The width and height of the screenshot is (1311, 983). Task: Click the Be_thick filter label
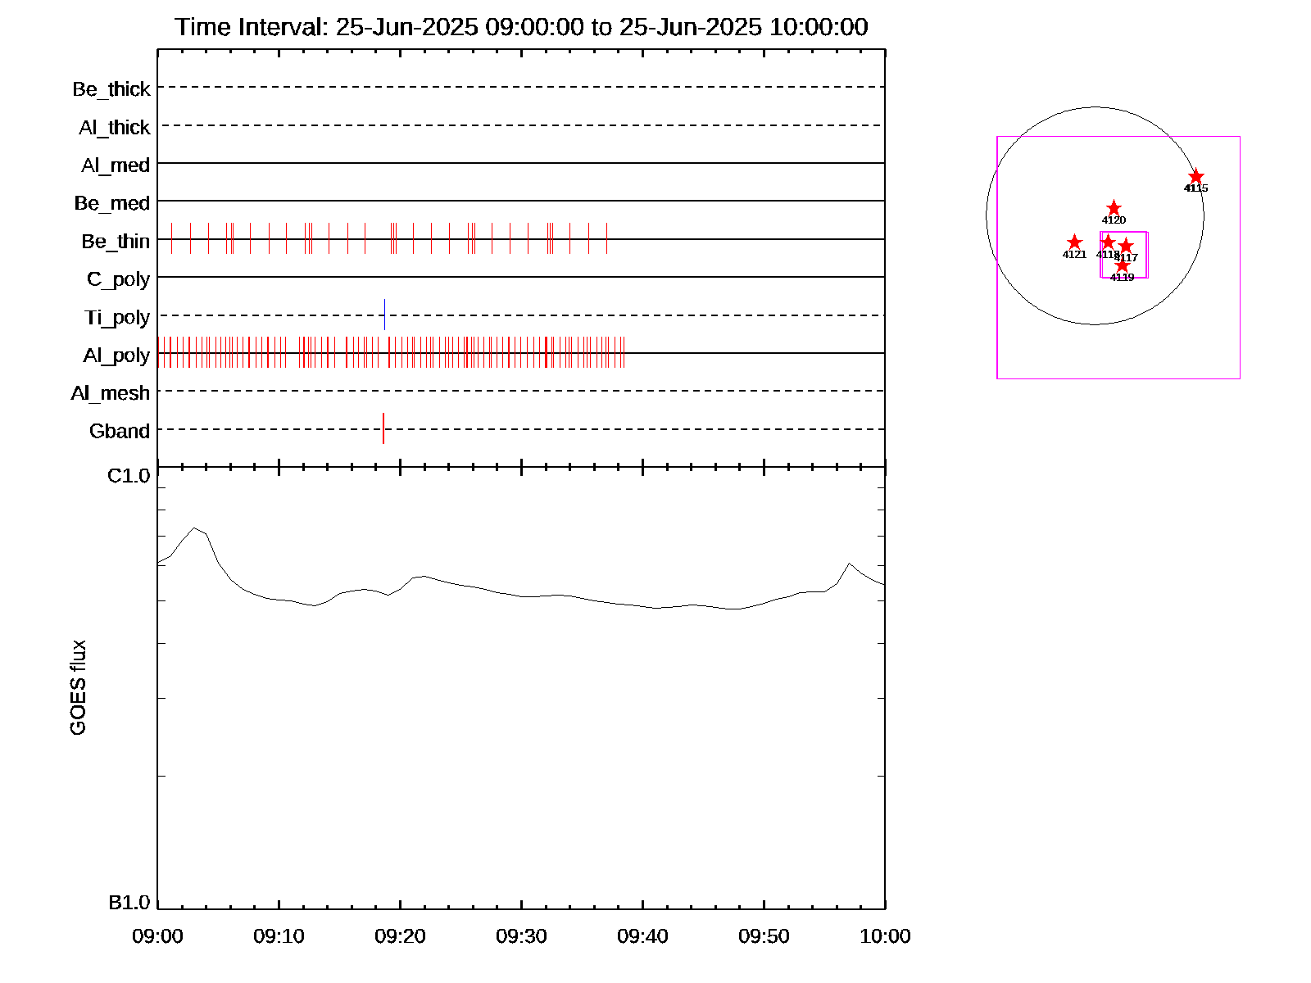(111, 89)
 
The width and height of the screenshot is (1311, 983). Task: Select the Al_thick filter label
(115, 128)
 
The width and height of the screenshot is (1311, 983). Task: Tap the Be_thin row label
(116, 242)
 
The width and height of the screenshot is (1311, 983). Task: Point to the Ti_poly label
(117, 318)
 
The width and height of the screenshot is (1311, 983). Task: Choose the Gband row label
(120, 432)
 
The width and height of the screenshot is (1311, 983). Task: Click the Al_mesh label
(111, 394)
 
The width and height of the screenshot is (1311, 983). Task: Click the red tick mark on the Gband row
(383, 428)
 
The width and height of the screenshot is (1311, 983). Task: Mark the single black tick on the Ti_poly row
(384, 315)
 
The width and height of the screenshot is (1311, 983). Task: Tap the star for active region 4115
(1196, 177)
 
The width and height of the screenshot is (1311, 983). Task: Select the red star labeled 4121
(1074, 242)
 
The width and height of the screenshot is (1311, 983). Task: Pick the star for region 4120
(1114, 208)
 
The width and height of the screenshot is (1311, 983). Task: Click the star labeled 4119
(1122, 266)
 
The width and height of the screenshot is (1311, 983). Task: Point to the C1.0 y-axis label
(129, 476)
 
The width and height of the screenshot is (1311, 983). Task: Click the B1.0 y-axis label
(129, 903)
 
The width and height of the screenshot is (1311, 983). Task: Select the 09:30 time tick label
(521, 936)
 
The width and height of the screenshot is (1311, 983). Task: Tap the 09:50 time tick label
(764, 936)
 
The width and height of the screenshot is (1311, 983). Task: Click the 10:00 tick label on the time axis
(885, 936)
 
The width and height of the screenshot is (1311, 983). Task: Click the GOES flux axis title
(78, 688)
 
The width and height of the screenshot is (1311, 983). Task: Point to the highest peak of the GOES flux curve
(194, 528)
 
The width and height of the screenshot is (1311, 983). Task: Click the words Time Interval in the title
(252, 27)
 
